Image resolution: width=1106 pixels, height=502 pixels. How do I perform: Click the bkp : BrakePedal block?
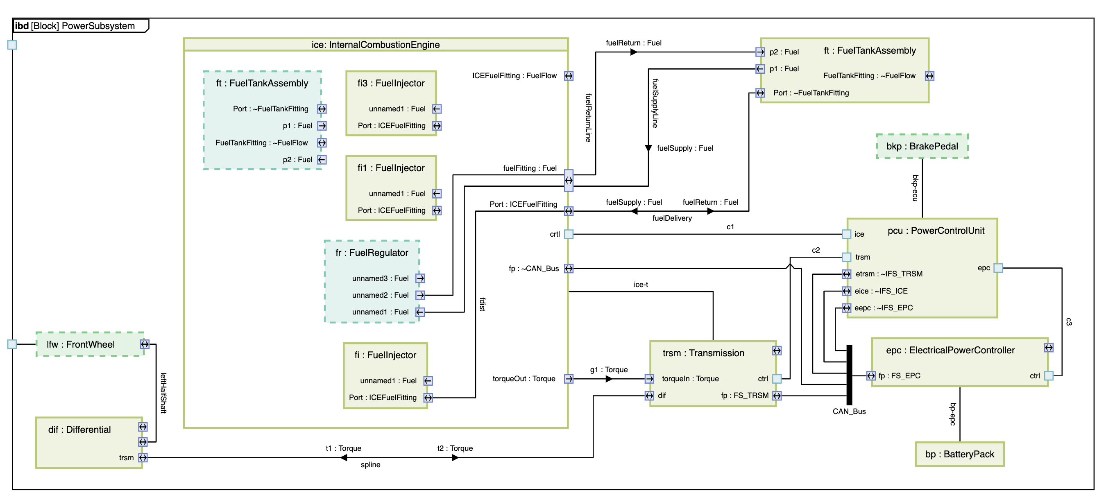tap(922, 146)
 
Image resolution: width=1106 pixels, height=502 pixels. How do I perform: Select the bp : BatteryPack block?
tap(959, 454)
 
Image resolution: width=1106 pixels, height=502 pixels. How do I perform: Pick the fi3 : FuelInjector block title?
tap(391, 83)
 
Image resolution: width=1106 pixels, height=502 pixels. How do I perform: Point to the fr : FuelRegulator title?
tap(372, 253)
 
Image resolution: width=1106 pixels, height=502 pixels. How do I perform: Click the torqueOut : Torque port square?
tap(569, 379)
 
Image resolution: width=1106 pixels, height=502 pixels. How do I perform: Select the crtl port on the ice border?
tap(569, 234)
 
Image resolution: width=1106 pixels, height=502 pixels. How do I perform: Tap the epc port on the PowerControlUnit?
tap(998, 268)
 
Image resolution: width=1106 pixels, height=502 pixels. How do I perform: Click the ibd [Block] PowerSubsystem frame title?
tap(75, 26)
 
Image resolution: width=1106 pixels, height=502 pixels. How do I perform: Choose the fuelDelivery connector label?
tap(672, 218)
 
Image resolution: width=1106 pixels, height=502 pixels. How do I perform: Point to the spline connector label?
tap(370, 465)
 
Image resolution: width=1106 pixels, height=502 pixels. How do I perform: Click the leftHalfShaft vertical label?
tap(163, 393)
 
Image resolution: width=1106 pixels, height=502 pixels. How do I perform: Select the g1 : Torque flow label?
tap(608, 370)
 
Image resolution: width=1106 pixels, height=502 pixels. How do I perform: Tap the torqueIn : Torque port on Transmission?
tap(650, 379)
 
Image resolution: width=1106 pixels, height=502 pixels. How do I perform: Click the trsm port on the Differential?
tap(143, 458)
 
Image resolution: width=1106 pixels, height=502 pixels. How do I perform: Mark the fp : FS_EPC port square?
tap(870, 376)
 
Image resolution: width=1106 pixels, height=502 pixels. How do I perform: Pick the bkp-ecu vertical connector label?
tap(915, 188)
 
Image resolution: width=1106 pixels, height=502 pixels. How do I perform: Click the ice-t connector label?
tap(641, 285)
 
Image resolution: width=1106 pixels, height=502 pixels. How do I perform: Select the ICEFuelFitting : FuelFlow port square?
tap(569, 76)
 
